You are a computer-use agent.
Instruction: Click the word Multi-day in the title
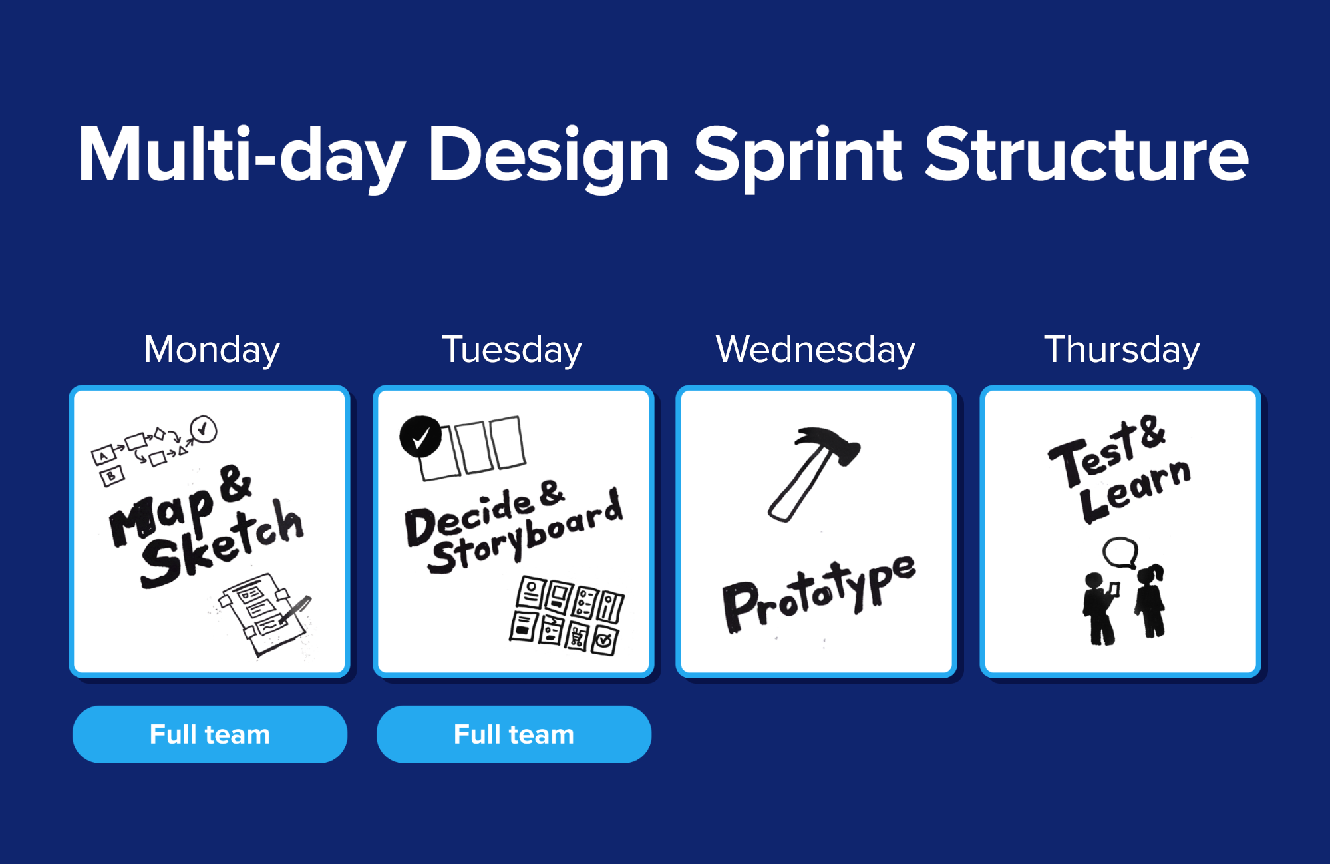click(242, 156)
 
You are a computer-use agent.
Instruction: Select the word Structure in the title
click(1086, 154)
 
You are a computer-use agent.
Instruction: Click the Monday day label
click(212, 350)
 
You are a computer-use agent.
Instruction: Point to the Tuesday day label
click(512, 350)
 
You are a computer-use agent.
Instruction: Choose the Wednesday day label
click(815, 349)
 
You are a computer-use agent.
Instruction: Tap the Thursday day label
click(1122, 350)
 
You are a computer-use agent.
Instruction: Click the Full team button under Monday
click(210, 734)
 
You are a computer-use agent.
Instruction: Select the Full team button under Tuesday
click(514, 734)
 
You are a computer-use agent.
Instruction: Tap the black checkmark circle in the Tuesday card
click(420, 437)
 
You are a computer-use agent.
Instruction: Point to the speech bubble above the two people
click(1120, 552)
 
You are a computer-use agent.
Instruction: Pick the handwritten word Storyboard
click(526, 533)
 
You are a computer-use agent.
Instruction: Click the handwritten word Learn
click(1134, 490)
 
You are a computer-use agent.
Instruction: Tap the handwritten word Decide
click(470, 517)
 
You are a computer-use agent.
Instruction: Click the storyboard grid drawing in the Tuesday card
click(567, 616)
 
